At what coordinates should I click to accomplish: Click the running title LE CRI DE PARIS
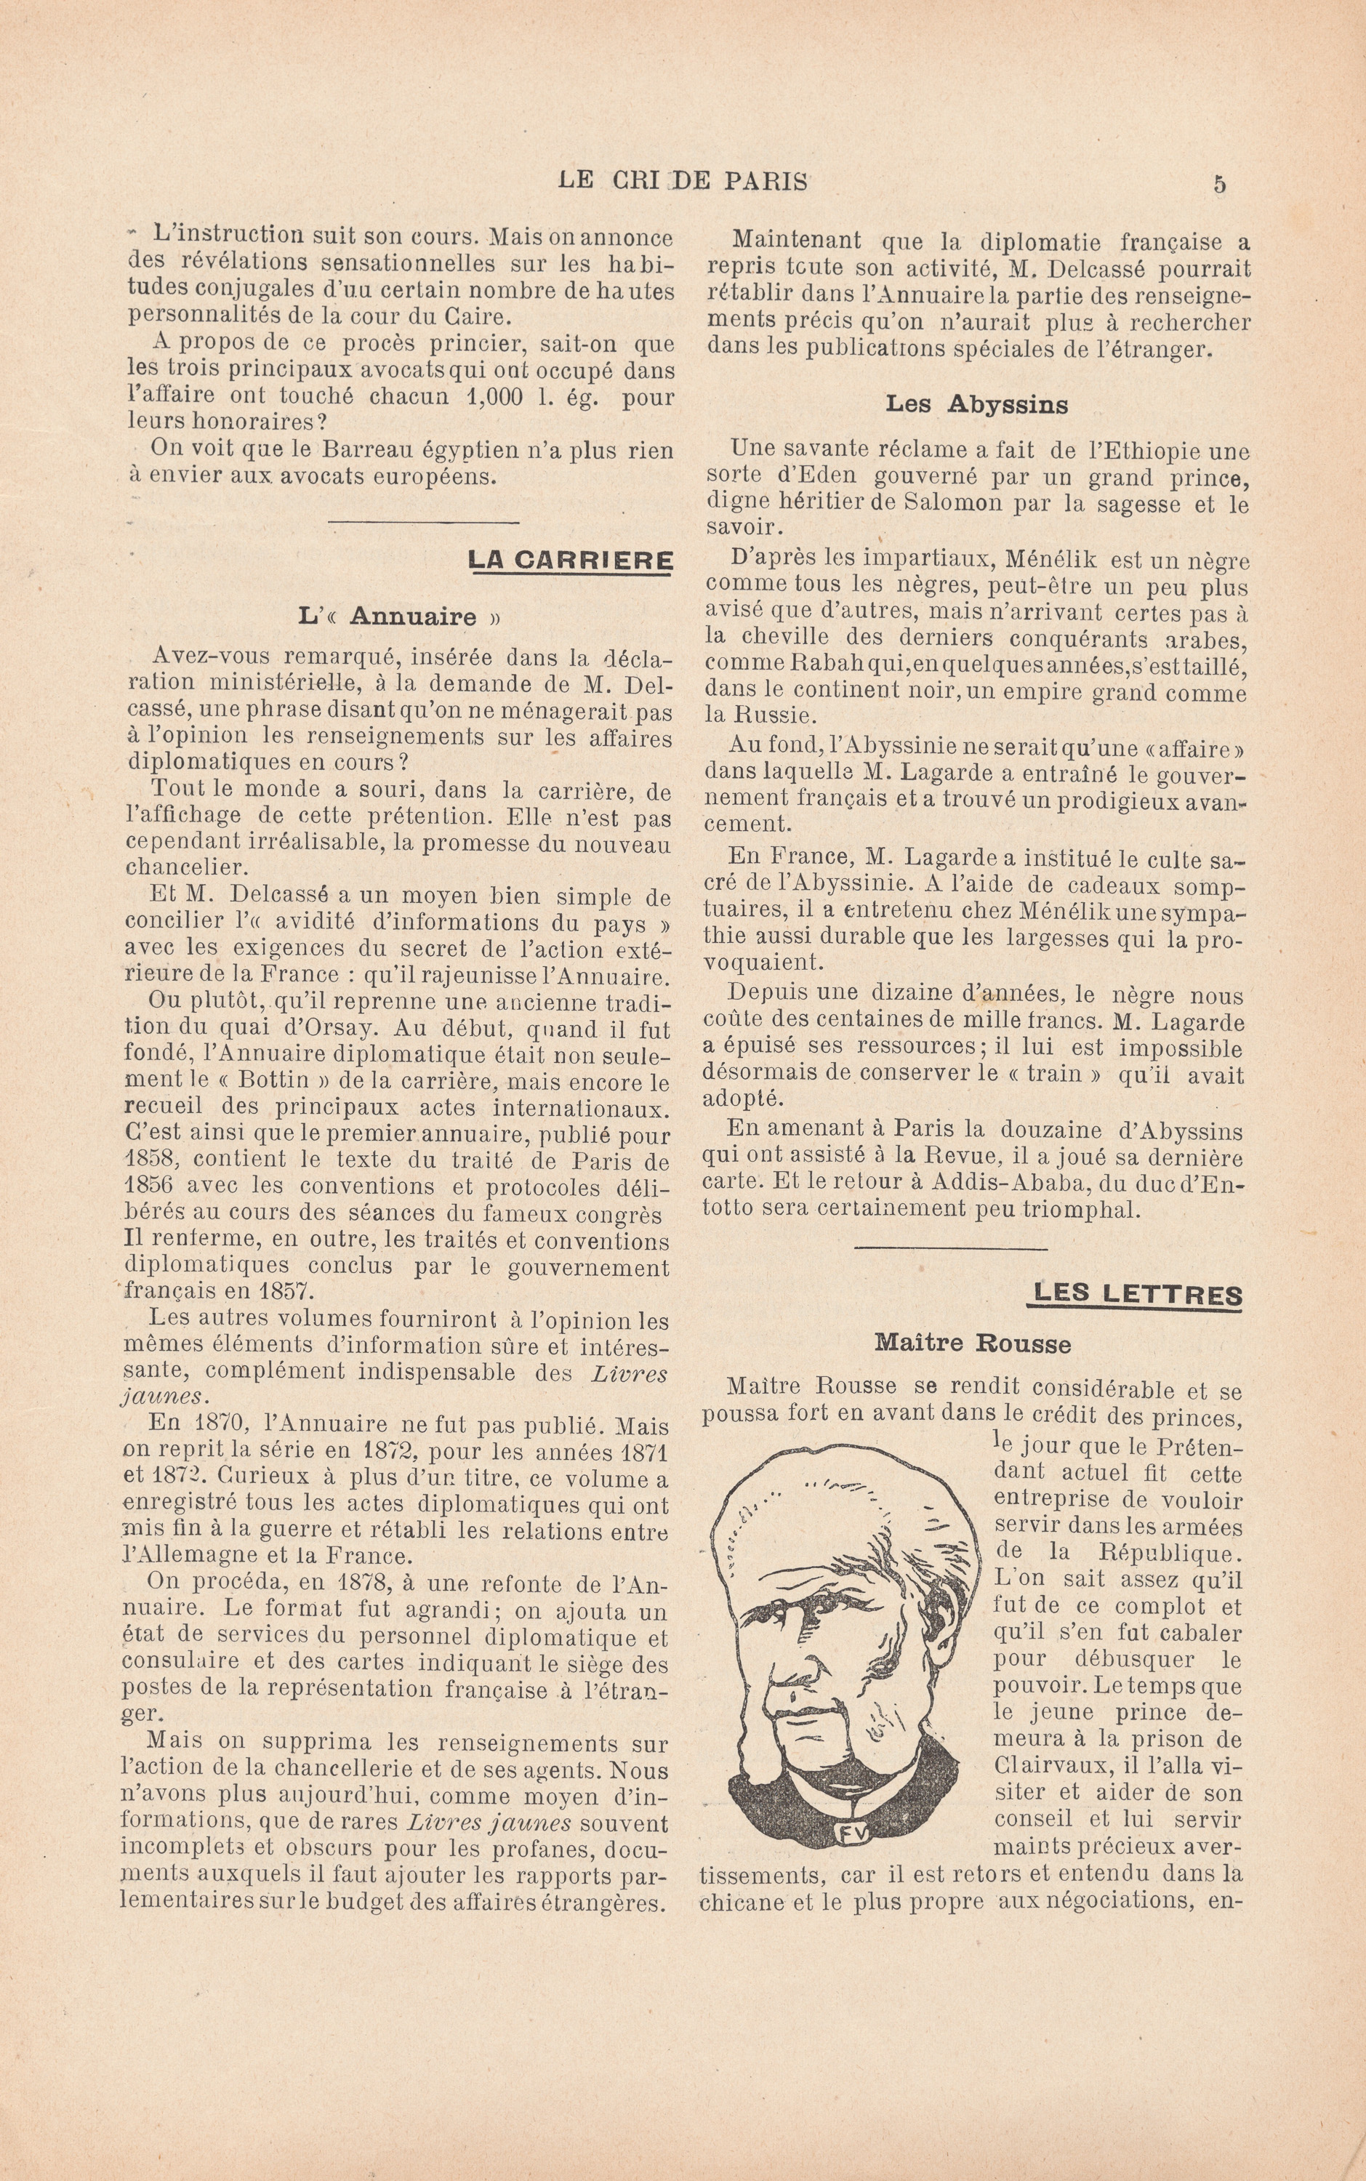tap(683, 181)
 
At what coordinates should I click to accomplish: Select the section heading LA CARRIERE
tap(570, 561)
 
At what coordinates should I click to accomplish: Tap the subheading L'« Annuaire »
tap(398, 617)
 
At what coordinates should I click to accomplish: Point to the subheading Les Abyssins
tap(976, 405)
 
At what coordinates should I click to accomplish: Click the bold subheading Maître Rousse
tap(972, 1343)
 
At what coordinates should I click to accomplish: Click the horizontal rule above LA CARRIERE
tap(423, 522)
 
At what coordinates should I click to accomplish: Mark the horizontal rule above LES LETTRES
tap(950, 1250)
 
